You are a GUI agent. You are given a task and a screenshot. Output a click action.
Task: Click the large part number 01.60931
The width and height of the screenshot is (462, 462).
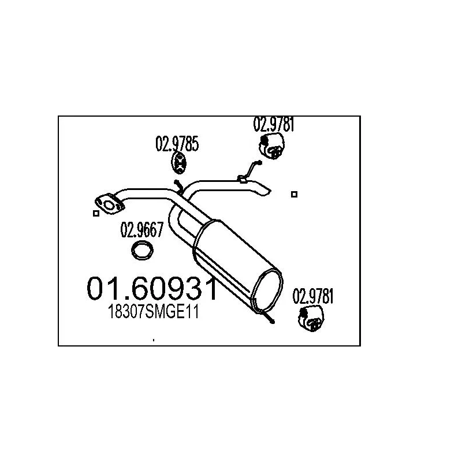pos(152,289)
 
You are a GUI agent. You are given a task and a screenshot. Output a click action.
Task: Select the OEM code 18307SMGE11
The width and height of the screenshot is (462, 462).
pos(153,311)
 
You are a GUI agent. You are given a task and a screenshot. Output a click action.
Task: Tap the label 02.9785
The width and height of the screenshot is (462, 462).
pos(177,144)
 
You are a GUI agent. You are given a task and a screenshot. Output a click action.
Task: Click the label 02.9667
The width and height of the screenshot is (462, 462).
pos(141,230)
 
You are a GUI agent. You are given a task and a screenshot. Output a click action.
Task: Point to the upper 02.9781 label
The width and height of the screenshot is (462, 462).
pos(274,124)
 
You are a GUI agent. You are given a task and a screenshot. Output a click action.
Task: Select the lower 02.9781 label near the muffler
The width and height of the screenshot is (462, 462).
pos(313,296)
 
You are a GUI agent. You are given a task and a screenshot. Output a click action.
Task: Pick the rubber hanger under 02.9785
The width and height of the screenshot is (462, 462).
pos(178,163)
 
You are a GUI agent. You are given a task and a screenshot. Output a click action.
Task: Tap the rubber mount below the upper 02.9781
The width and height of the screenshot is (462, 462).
pos(271,146)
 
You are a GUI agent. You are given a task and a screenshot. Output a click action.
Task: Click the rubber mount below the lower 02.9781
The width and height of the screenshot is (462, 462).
pos(311,318)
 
